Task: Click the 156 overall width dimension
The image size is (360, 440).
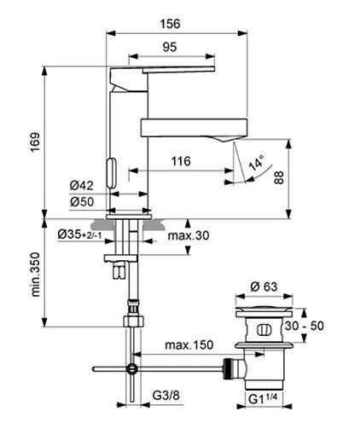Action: pos(170,24)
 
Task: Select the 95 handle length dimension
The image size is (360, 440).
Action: pos(170,47)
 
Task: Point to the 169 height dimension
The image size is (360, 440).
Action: pos(36,142)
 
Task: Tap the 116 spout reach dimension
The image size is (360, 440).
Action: pos(181,161)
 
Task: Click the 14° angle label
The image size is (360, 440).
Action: pos(256,163)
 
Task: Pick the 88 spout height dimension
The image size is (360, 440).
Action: pos(279,177)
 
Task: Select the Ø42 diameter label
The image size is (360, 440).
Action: pos(82,186)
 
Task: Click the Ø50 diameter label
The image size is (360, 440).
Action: pos(82,202)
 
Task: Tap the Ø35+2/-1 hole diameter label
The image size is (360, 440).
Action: pos(79,234)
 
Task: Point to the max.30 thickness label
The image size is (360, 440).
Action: pos(189,235)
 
